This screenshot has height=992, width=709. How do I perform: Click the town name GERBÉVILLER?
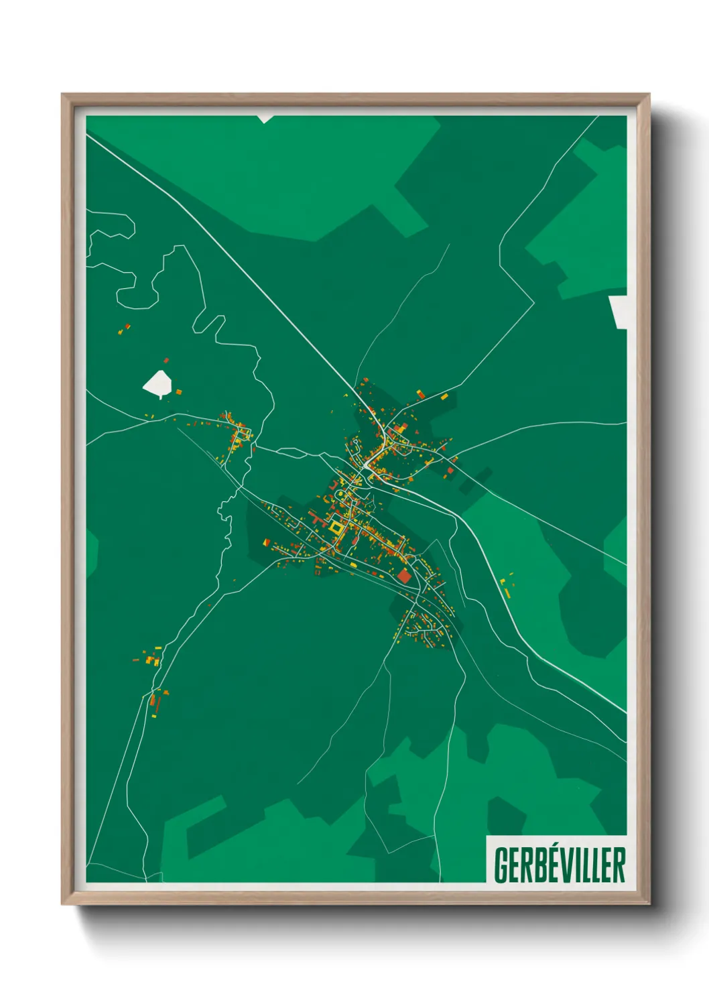click(x=560, y=865)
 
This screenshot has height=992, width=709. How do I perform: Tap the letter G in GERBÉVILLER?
click(x=501, y=865)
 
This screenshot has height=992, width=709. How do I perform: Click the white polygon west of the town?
click(x=157, y=383)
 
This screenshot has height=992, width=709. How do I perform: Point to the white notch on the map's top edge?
click(x=265, y=119)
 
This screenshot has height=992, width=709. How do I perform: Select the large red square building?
click(x=404, y=576)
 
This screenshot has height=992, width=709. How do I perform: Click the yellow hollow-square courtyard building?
click(x=335, y=528)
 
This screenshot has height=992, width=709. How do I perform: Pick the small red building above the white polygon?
click(x=166, y=361)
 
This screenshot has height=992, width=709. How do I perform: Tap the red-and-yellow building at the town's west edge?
click(x=266, y=542)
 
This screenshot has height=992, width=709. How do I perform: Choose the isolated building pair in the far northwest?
click(x=124, y=329)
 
